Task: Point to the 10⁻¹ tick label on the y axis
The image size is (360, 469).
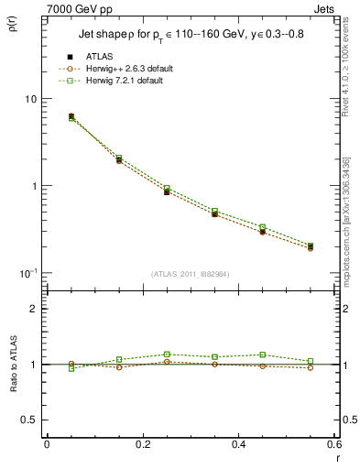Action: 27,272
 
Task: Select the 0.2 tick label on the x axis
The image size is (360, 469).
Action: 142,444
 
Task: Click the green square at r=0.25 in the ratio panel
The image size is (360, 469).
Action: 166,354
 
